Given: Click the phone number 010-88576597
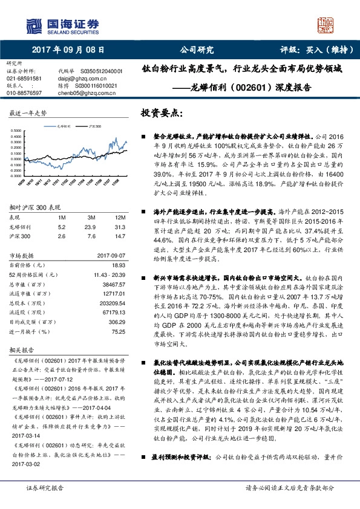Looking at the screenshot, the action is (24, 93).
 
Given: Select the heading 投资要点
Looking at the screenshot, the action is (161, 113).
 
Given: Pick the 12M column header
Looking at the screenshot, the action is (120, 217).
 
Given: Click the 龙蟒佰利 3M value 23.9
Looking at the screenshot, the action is (92, 227).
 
